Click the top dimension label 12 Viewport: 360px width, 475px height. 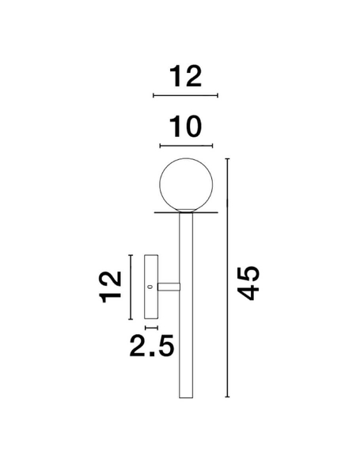(x=185, y=76)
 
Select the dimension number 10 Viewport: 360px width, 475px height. (x=185, y=127)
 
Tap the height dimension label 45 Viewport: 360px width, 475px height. (x=248, y=283)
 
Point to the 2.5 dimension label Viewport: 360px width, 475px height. (x=152, y=345)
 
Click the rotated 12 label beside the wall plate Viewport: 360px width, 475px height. (x=111, y=287)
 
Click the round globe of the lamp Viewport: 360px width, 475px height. (x=186, y=184)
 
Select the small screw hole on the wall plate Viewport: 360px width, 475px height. (x=149, y=287)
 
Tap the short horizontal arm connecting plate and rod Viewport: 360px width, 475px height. (x=169, y=287)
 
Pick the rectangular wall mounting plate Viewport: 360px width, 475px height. (x=151, y=287)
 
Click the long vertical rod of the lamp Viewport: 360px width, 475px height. (x=186, y=305)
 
